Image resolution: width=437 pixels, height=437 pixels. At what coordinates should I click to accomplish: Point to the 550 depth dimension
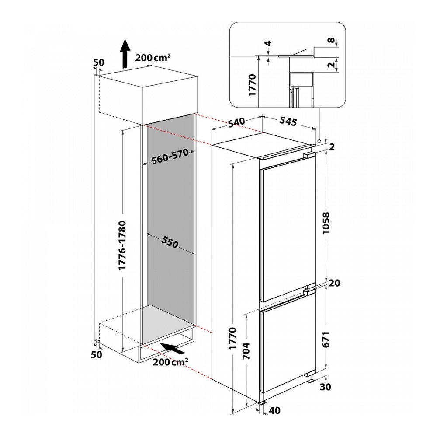point(170,243)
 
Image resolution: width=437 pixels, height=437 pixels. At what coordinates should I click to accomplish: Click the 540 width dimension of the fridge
point(236,123)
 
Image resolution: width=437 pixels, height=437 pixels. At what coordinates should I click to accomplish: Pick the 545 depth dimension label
point(288,121)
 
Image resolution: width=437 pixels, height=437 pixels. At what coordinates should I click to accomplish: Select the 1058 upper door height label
point(326,223)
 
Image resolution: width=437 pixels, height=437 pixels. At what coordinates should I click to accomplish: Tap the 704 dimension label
point(246,350)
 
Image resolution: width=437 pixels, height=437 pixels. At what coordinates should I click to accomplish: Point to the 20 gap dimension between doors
point(334,283)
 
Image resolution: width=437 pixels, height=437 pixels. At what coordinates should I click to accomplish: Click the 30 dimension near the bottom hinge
point(326,387)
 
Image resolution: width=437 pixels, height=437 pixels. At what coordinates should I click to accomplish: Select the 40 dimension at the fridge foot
point(274,410)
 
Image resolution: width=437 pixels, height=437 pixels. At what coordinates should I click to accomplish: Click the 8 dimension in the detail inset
point(331,40)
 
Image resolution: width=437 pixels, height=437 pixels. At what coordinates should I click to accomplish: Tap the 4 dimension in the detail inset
point(268,44)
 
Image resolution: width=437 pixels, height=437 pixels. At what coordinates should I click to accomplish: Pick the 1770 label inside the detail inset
point(253,85)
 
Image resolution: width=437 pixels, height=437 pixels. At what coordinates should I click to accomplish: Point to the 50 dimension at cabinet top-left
point(98,62)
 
